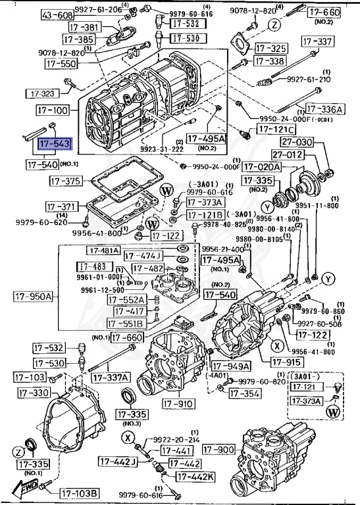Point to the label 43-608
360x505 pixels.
click(57, 14)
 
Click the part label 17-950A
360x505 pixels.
click(33, 297)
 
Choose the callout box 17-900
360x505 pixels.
click(219, 450)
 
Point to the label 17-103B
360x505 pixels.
click(79, 493)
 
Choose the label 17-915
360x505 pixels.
click(286, 362)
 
